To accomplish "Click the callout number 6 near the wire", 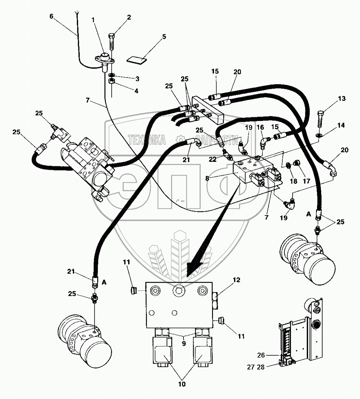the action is [x=52, y=16].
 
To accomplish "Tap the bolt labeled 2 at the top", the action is [x=112, y=42].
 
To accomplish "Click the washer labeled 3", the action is [x=111, y=75].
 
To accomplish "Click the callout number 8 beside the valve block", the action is [x=207, y=178].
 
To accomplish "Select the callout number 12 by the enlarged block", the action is [x=236, y=280].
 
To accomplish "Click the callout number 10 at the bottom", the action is [x=182, y=384].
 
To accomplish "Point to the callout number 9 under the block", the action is [x=184, y=344].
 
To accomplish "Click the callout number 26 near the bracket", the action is [x=261, y=355].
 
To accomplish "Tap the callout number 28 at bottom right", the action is [x=261, y=367].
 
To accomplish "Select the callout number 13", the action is [x=342, y=99].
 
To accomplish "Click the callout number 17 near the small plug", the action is [x=306, y=181].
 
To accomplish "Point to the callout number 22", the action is [x=212, y=159].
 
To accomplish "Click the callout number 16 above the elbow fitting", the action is [x=260, y=127].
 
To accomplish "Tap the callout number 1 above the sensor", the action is [x=93, y=20].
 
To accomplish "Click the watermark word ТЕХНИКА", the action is [x=147, y=140].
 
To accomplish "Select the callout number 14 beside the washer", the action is [x=341, y=125].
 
